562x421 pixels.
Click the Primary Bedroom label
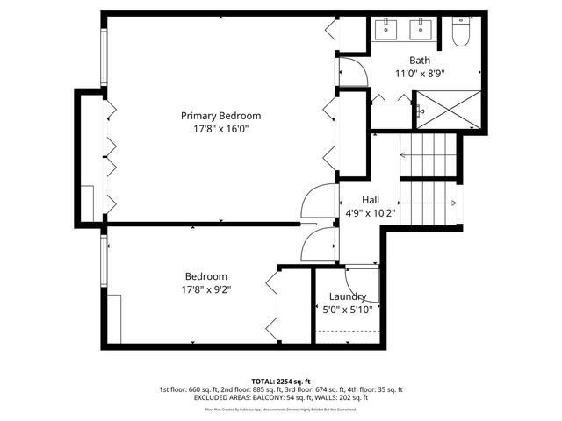pos(220,116)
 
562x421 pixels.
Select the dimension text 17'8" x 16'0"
pos(220,128)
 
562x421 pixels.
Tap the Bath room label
pos(420,61)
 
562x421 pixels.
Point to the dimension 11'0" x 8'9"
pos(420,74)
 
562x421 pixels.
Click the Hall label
pos(371,199)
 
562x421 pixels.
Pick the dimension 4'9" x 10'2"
pos(371,211)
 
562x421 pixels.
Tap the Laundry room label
pos(348,296)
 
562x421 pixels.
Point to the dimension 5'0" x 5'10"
pos(348,309)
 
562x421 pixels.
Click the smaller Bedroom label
pos(205,275)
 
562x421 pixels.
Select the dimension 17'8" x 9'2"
pos(205,288)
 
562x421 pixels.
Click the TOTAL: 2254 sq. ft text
pos(281,382)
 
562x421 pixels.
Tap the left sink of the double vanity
pos(387,29)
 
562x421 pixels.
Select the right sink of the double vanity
pos(423,29)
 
